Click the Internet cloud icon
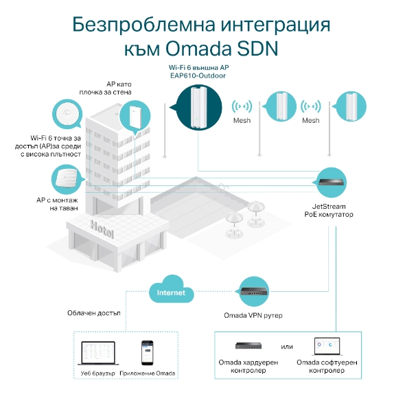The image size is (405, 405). click(170, 291)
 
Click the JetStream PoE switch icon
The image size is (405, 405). click(334, 183)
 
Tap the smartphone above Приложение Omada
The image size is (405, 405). click(147, 353)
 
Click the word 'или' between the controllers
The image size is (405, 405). click(288, 345)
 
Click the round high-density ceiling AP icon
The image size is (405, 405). click(67, 115)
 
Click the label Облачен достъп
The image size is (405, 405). click(94, 313)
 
